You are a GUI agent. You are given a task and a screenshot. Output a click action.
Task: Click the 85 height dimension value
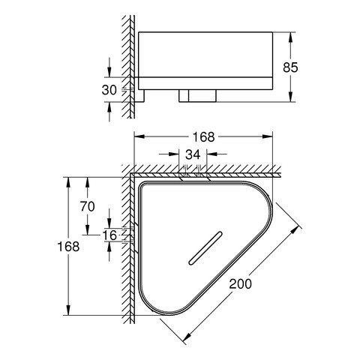pyautogui.click(x=290, y=67)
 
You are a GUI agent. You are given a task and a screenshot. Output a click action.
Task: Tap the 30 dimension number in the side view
pyautogui.click(x=109, y=90)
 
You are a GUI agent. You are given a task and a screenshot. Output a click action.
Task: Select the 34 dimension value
pyautogui.click(x=193, y=154)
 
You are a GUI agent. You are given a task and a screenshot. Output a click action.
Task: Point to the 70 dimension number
pyautogui.click(x=87, y=206)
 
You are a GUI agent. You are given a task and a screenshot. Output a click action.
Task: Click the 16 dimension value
pyautogui.click(x=109, y=235)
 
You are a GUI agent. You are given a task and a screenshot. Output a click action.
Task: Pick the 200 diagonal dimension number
pyautogui.click(x=241, y=283)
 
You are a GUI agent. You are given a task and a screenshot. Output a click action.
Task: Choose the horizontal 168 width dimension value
pyautogui.click(x=203, y=137)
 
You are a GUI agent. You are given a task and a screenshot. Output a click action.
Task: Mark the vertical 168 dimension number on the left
pyautogui.click(x=68, y=247)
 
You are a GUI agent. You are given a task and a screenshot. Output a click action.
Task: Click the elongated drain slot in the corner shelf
pyautogui.click(x=205, y=247)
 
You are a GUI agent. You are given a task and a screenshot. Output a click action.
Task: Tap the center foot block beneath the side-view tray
pyautogui.click(x=197, y=96)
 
